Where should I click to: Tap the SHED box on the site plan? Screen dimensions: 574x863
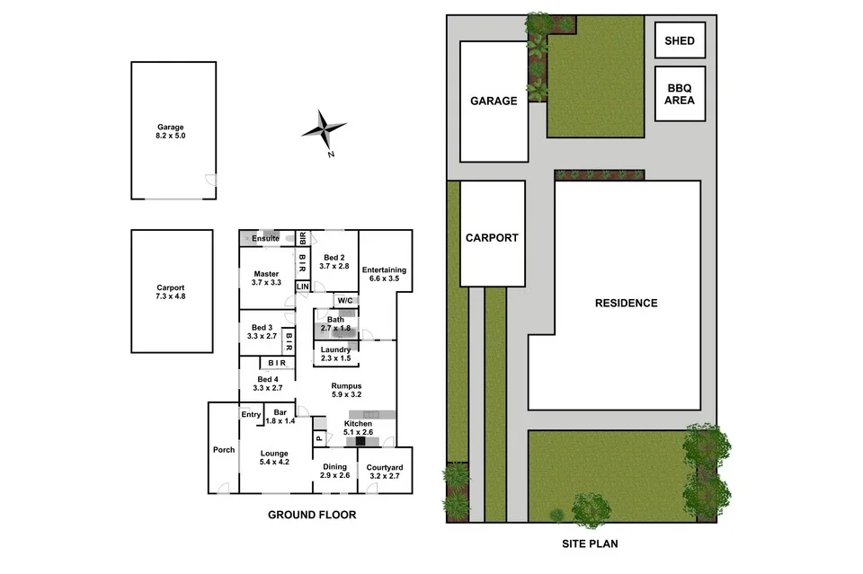tap(680, 41)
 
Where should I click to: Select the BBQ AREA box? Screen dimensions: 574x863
tap(680, 93)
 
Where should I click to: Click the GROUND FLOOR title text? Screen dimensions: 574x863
tap(312, 515)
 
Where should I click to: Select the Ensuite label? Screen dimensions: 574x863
tap(265, 239)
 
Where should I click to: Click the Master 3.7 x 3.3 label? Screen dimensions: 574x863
tap(266, 278)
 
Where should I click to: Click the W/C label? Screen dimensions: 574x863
tap(344, 300)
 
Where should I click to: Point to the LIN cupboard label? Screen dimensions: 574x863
tap(303, 287)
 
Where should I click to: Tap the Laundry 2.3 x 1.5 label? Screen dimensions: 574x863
tap(335, 354)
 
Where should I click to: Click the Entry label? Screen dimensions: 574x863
tap(251, 414)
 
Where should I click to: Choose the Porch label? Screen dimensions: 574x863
tap(223, 450)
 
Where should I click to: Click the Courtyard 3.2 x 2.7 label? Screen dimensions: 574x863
tap(384, 472)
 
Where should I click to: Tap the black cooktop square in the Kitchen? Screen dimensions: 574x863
tap(360, 441)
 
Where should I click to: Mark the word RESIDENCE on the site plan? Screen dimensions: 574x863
tap(626, 303)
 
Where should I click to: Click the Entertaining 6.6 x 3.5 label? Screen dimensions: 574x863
tap(384, 274)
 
